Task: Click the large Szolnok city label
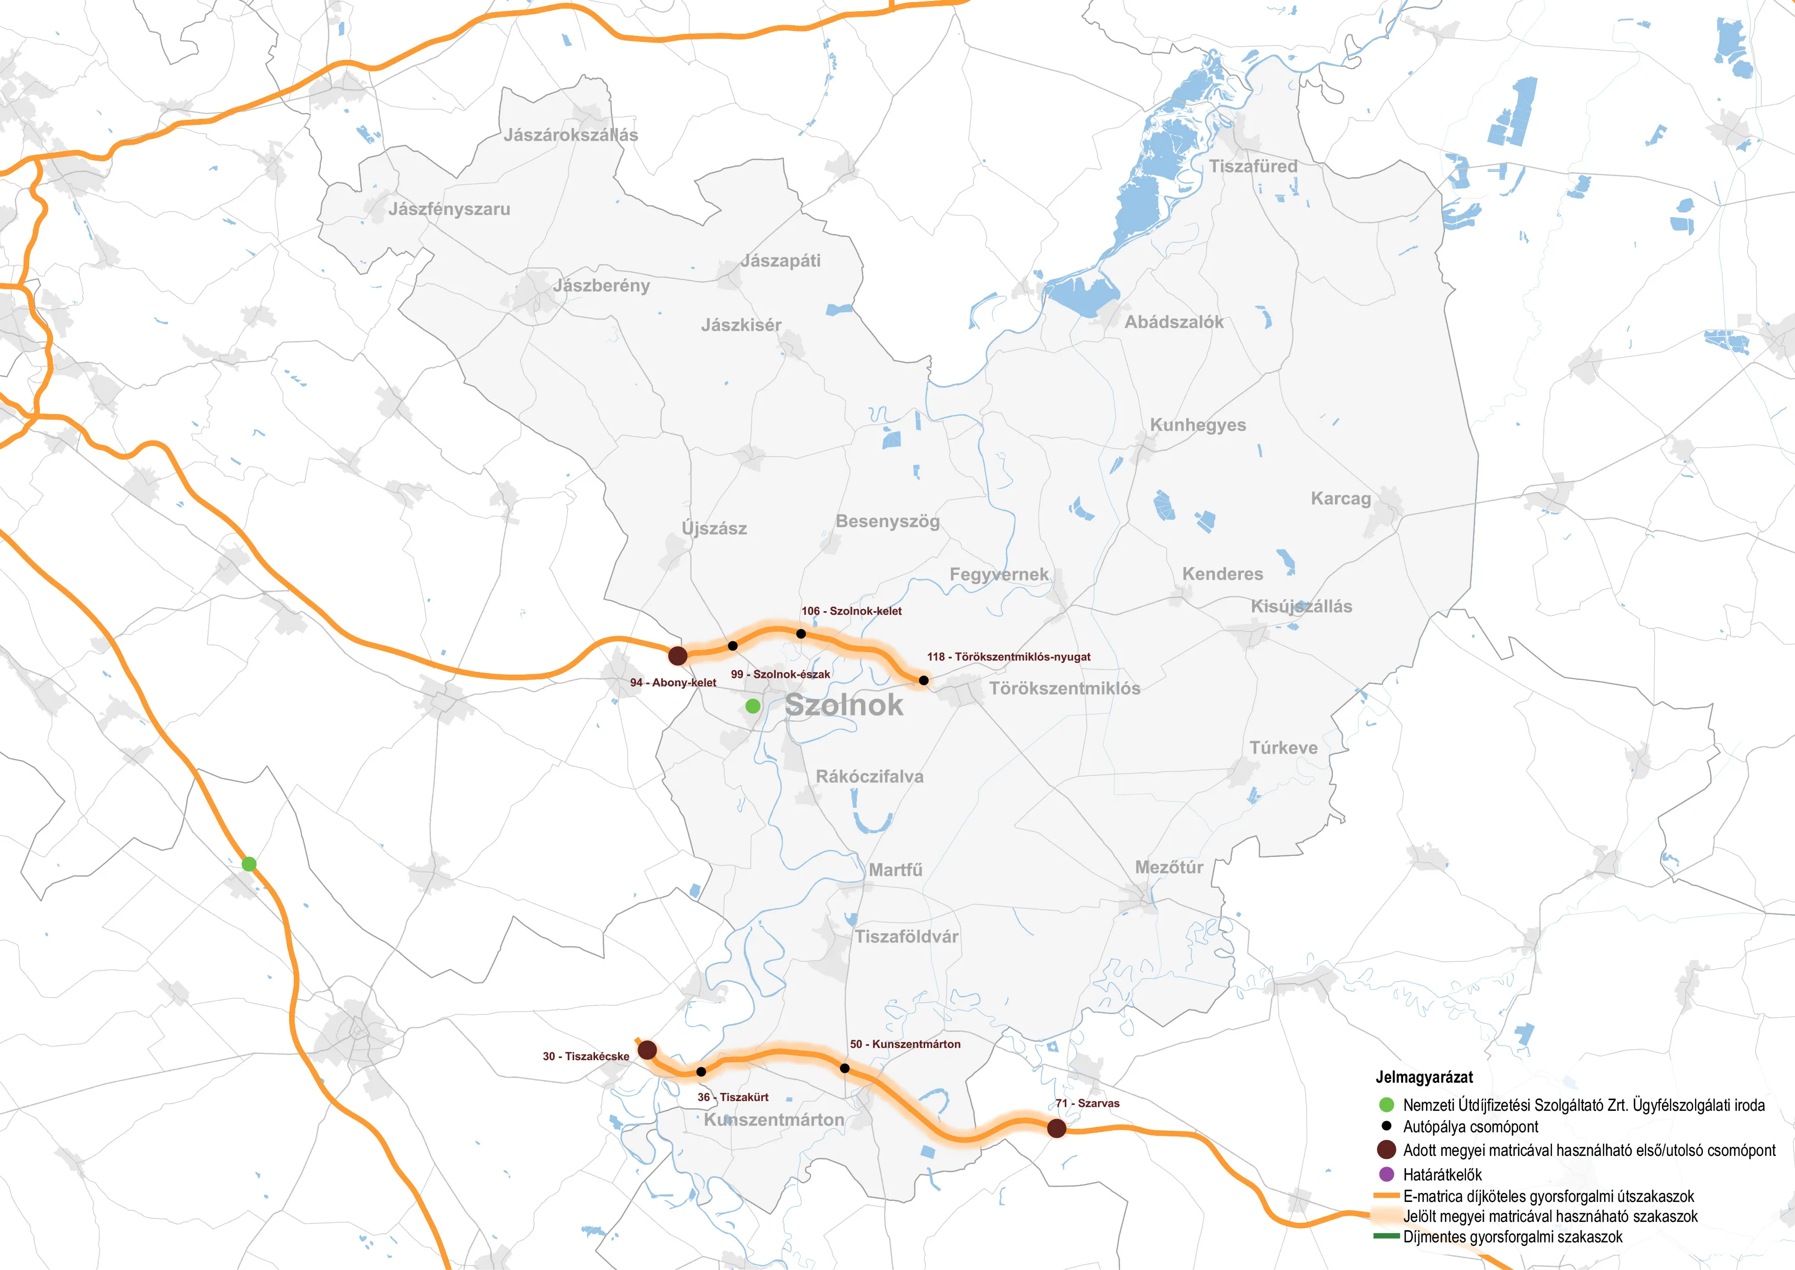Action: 844,705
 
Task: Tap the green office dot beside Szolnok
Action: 753,706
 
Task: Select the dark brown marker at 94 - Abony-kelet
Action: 678,655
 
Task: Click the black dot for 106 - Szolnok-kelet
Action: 801,633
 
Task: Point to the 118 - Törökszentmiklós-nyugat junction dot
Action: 923,680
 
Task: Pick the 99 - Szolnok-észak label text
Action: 780,674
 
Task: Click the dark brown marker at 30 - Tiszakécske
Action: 647,1049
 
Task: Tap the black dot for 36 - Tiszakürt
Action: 702,1072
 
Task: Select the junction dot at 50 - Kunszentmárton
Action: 844,1068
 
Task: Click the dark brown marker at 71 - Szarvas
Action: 1056,1128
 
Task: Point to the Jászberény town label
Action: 601,286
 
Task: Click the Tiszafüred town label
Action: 1253,166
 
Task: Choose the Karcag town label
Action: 1341,499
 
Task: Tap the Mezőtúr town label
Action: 1169,867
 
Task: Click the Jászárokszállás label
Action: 571,135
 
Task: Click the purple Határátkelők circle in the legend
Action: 1386,1174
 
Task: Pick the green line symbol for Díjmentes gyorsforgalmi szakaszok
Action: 1386,1236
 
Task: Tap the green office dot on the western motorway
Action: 249,864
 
